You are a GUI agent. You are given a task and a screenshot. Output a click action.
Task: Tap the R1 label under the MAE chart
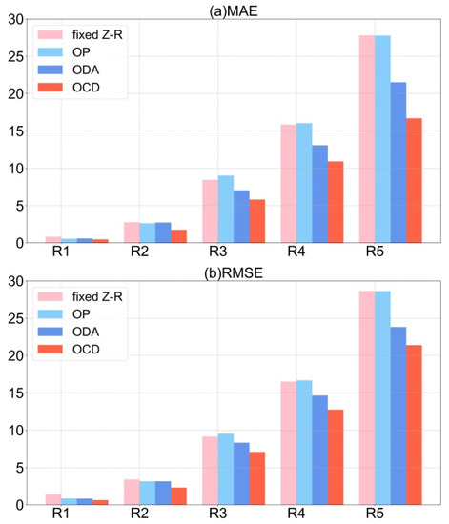pyautogui.click(x=61, y=254)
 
